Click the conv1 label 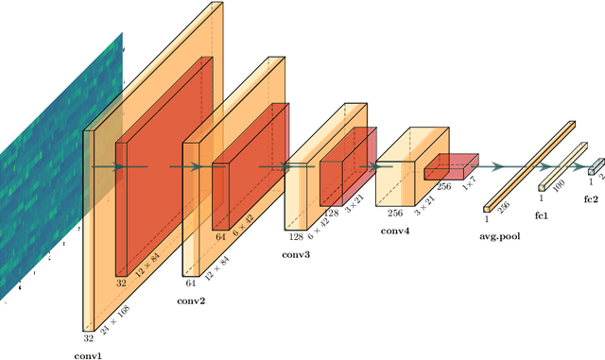click(88, 355)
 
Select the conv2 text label click(191, 300)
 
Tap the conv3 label click(295, 253)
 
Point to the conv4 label click(394, 229)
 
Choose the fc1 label click(542, 214)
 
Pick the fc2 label click(591, 199)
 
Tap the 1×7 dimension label click(470, 184)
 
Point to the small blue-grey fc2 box click(596, 166)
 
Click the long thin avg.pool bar click(529, 165)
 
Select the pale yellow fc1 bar click(562, 166)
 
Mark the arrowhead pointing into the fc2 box click(585, 167)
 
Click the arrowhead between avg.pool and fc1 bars click(530, 167)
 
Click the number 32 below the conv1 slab click(88, 337)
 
